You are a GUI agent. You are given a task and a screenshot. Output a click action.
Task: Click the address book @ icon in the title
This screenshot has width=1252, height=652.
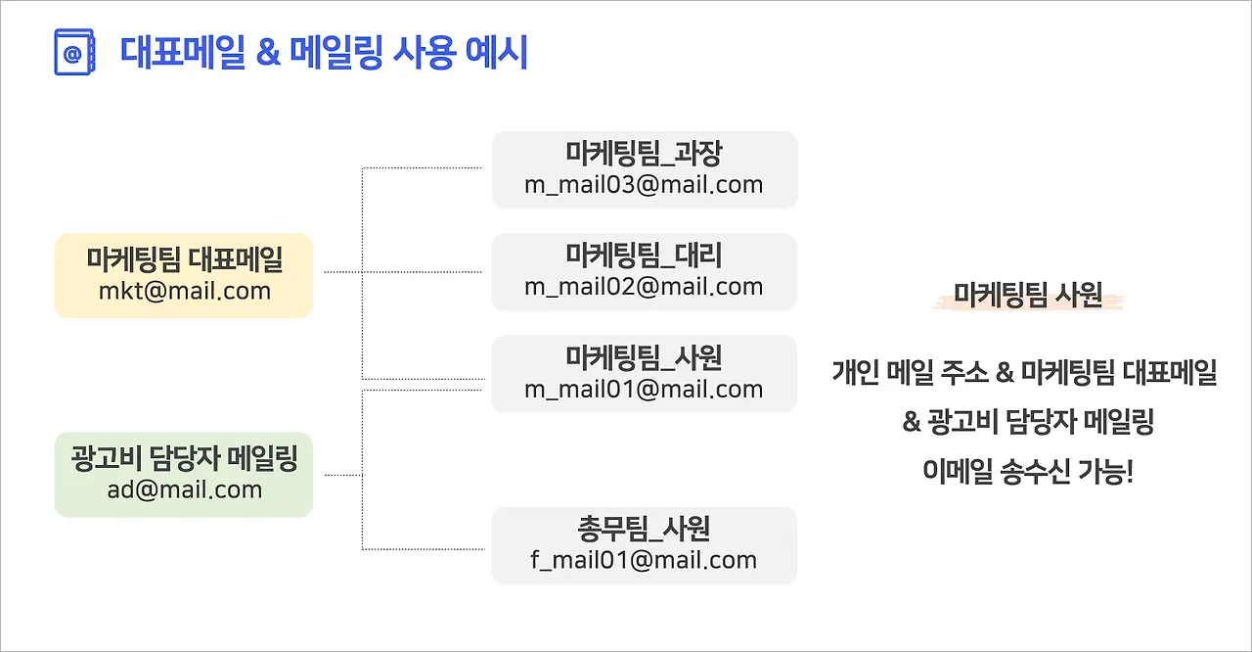pyautogui.click(x=73, y=52)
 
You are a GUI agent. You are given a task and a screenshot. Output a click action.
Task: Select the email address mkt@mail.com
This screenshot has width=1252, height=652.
pyautogui.click(x=184, y=291)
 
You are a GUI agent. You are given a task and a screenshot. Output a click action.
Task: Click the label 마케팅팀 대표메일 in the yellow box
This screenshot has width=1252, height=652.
pyautogui.click(x=184, y=259)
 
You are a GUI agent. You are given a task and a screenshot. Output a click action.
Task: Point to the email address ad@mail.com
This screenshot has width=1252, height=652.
pyautogui.click(x=184, y=489)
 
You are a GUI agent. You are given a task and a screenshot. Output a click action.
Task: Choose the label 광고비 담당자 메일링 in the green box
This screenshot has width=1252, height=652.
pyautogui.click(x=184, y=458)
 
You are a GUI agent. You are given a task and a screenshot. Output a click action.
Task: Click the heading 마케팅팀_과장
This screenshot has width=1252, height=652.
pyautogui.click(x=644, y=153)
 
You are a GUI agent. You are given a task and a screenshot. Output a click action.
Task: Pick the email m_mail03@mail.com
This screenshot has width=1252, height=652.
pyautogui.click(x=644, y=184)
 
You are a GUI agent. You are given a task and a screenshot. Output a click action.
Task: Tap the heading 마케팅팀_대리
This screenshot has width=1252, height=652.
pyautogui.click(x=644, y=256)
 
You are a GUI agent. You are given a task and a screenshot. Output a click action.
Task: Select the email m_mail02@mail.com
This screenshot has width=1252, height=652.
pyautogui.click(x=644, y=287)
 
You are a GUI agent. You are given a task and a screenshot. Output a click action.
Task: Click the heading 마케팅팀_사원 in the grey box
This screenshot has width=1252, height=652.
pyautogui.click(x=644, y=357)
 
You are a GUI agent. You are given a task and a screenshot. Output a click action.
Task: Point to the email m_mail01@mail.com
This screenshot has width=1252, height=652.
pyautogui.click(x=644, y=389)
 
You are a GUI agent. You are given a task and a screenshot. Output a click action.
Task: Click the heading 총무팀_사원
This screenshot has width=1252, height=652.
pyautogui.click(x=644, y=529)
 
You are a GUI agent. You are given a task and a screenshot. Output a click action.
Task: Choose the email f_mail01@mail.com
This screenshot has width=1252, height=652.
pyautogui.click(x=644, y=560)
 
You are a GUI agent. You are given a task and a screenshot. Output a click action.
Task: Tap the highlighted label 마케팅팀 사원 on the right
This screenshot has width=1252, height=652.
pyautogui.click(x=1028, y=296)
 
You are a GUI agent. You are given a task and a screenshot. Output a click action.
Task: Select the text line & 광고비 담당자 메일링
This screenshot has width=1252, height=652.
pyautogui.click(x=1028, y=422)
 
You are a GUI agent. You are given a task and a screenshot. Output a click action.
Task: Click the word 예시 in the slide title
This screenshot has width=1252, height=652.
pyautogui.click(x=499, y=52)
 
